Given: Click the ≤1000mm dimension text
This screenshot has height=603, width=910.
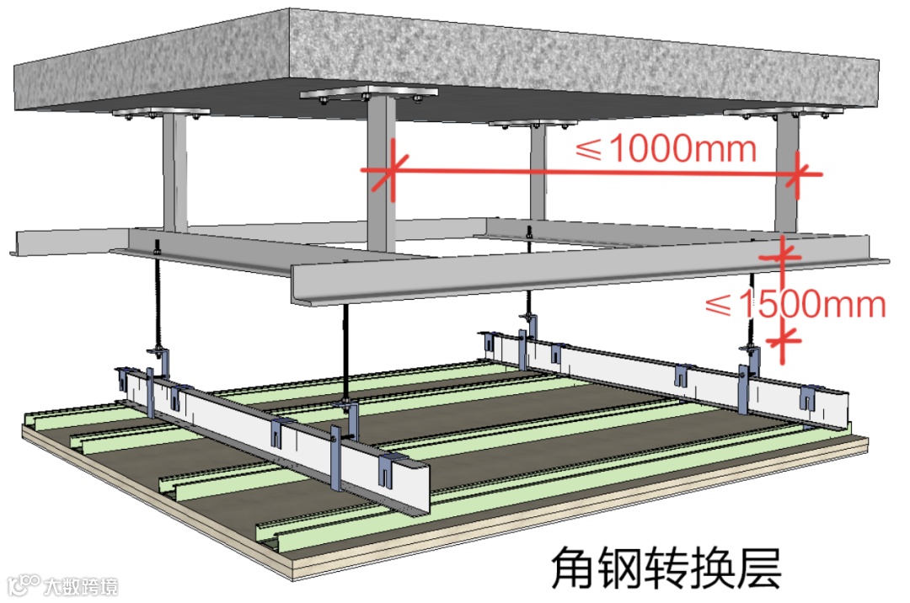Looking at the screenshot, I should click(666, 149).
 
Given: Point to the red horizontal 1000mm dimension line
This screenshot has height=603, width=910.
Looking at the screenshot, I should click(590, 173).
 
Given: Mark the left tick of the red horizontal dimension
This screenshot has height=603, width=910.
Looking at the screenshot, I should click(388, 172).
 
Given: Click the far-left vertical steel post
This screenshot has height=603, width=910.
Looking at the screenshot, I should click(174, 173).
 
